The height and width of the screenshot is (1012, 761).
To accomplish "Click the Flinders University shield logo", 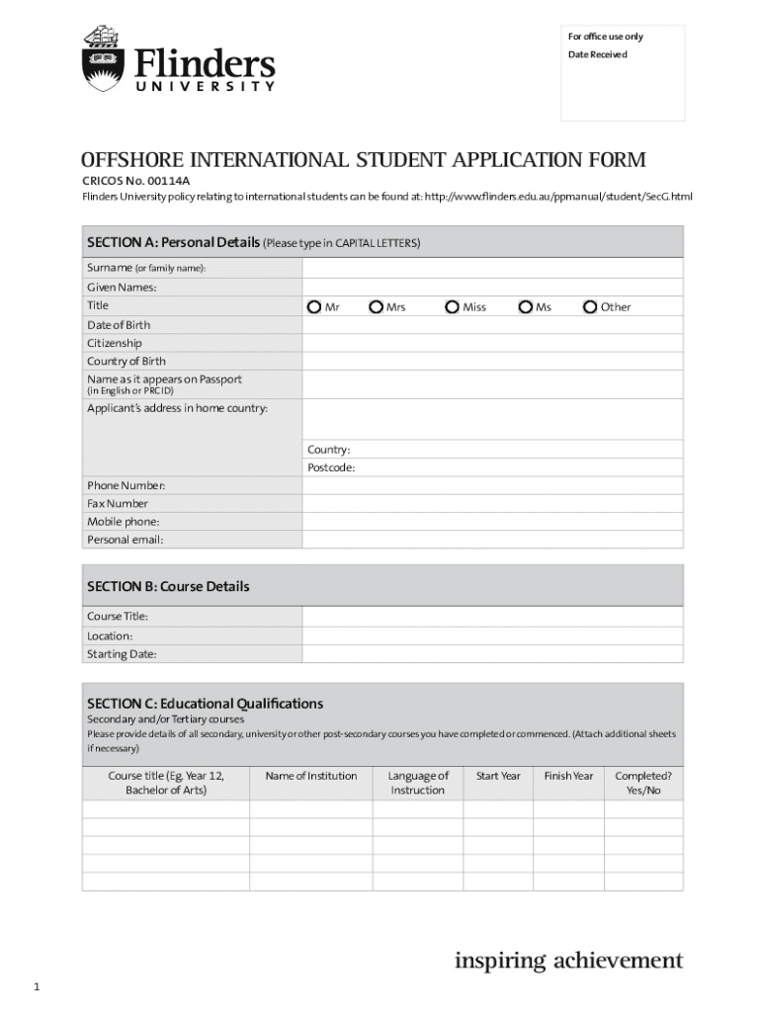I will (x=102, y=58).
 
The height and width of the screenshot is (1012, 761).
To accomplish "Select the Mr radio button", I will (x=313, y=306).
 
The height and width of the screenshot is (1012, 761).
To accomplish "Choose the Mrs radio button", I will (x=377, y=306).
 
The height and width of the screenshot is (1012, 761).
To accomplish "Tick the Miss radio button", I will (x=452, y=306).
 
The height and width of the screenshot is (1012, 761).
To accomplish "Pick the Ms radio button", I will (x=525, y=306).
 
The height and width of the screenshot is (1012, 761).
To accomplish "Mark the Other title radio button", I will (x=590, y=306).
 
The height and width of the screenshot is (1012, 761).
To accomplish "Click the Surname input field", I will (x=492, y=268).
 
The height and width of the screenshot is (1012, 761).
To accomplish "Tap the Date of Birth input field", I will (x=492, y=325).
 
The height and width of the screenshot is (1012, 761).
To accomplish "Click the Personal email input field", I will (x=492, y=540).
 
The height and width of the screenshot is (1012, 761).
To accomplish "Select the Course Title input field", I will (x=492, y=617).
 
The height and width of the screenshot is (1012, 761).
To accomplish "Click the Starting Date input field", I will (x=492, y=654).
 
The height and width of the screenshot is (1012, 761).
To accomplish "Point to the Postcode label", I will (x=331, y=467).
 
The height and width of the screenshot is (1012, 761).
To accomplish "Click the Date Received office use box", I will (x=623, y=84).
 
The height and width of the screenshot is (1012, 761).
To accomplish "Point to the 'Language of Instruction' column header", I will (x=418, y=783).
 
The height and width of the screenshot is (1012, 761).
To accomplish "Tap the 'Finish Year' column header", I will (x=568, y=776).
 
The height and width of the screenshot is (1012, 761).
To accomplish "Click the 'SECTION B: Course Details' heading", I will (x=168, y=586).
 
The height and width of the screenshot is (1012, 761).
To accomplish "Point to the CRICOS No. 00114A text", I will (x=135, y=181).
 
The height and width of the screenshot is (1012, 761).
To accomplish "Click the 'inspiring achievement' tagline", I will (x=568, y=960).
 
